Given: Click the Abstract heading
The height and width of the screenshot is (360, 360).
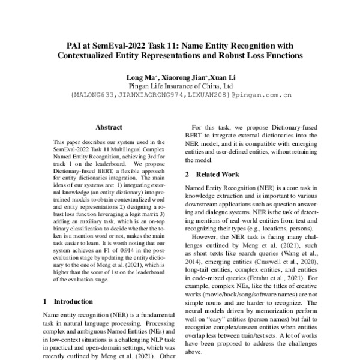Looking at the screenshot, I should (109, 127).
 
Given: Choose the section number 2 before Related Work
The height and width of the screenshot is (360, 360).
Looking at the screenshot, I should (187, 174).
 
